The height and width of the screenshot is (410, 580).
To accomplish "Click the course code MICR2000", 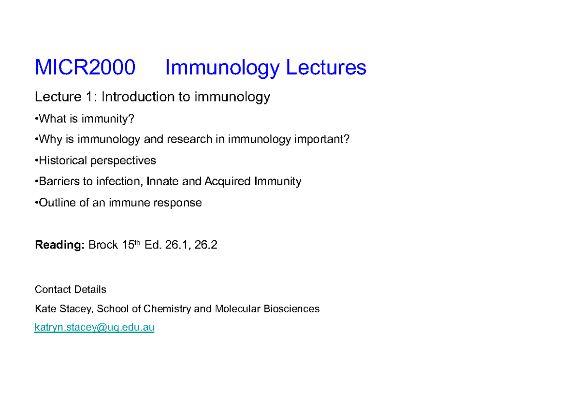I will pos(85,68).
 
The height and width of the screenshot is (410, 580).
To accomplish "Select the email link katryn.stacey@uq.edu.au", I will pos(94,327).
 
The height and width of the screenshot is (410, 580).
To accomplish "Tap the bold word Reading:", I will pos(59,245).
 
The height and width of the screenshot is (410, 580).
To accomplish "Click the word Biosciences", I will pos(291,308).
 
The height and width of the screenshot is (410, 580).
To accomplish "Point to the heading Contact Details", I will pos(71,290).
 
